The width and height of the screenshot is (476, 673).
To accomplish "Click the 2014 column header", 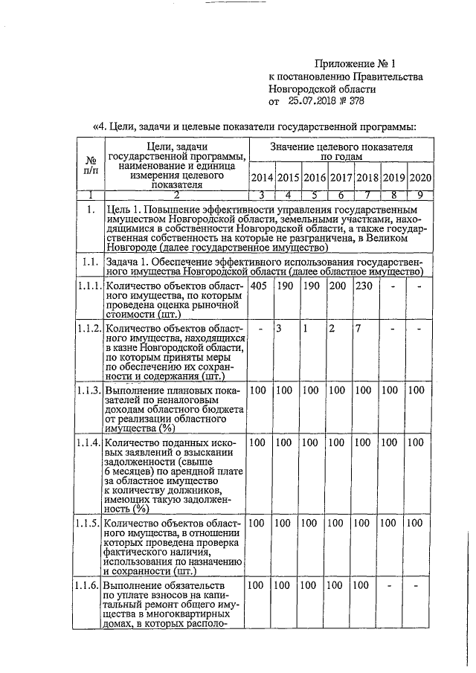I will pos(262,178).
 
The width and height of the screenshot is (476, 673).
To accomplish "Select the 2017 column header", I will pos(341,178).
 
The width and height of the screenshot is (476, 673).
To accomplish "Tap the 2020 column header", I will pos(421,178).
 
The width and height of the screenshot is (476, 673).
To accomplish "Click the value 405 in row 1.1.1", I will pos(259,286).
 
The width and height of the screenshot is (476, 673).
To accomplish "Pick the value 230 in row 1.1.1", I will pos(364,286).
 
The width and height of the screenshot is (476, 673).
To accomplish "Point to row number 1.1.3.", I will pos(88,390).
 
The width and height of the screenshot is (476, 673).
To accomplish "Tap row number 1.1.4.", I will pos(88,444).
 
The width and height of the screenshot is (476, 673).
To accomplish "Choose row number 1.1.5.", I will pos(88,524).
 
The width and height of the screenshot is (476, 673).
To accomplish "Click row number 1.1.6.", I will pos(88,587).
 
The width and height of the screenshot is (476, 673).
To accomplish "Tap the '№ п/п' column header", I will pos(91,165).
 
